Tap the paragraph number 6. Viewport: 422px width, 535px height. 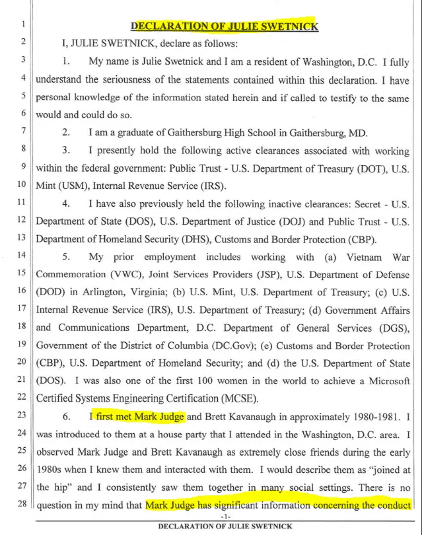(67, 416)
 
